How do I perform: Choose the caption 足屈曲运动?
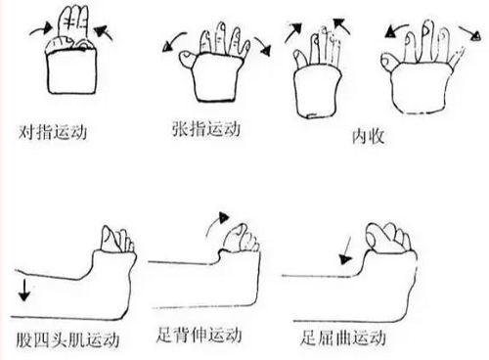click(x=341, y=338)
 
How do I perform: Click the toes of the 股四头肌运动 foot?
click(x=118, y=240)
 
